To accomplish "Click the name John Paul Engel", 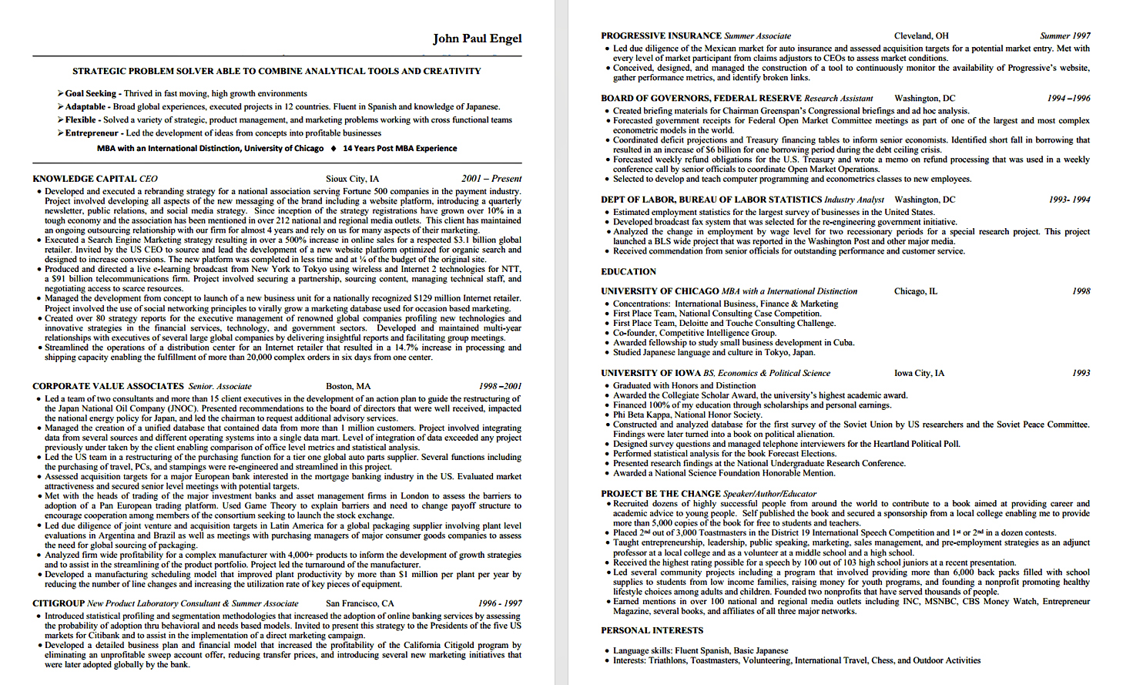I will click(477, 39).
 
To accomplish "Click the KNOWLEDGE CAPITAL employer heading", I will click(85, 179).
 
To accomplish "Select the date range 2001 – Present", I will click(491, 179).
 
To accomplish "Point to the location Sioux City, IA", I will click(352, 179).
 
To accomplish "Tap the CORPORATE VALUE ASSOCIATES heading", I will click(108, 386).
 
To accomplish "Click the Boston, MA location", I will click(348, 386).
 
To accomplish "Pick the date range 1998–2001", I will click(500, 386).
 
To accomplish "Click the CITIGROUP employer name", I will click(59, 603).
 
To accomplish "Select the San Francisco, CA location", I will click(360, 603).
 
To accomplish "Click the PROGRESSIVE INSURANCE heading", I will click(662, 36).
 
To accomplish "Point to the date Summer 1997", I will click(1065, 36).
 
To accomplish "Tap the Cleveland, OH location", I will click(921, 36).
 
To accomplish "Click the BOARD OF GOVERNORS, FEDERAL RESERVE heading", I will click(701, 99).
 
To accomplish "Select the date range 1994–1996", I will click(1068, 99).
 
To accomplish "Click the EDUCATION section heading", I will click(629, 272).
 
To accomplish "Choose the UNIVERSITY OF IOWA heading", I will click(651, 373).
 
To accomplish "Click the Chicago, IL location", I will click(916, 291).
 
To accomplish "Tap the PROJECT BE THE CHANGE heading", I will click(661, 494).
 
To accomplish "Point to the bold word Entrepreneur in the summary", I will click(92, 133).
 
